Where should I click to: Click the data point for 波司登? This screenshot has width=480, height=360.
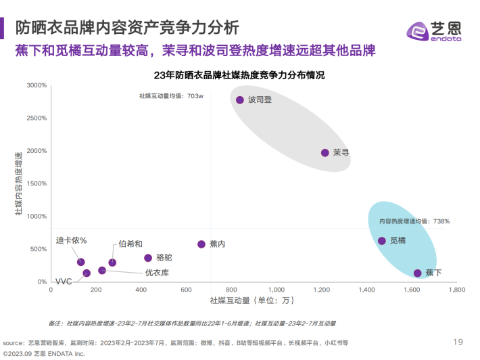[239, 100]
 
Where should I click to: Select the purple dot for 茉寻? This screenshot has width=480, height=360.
[325, 153]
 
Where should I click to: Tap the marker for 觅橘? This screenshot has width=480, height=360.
[381, 241]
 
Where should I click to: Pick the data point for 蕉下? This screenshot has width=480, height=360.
[417, 273]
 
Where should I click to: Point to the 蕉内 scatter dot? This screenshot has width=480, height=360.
[201, 244]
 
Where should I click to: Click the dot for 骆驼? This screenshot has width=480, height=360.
[148, 258]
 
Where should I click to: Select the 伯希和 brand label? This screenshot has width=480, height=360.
[130, 244]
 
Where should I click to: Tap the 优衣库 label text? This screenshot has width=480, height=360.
[157, 273]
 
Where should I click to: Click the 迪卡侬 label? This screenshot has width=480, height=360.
[76, 242]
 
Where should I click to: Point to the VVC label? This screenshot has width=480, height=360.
[64, 281]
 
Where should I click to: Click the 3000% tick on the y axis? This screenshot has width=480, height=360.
[36, 86]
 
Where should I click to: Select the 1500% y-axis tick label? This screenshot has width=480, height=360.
[36, 184]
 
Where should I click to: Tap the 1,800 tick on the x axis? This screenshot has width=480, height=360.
[456, 290]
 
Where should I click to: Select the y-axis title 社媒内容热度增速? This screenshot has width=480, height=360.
[18, 184]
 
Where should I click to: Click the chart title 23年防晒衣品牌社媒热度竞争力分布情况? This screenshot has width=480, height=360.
[239, 75]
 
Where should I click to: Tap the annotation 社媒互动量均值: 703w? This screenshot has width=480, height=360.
[171, 97]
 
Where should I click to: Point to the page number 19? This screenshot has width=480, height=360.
[458, 341]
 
